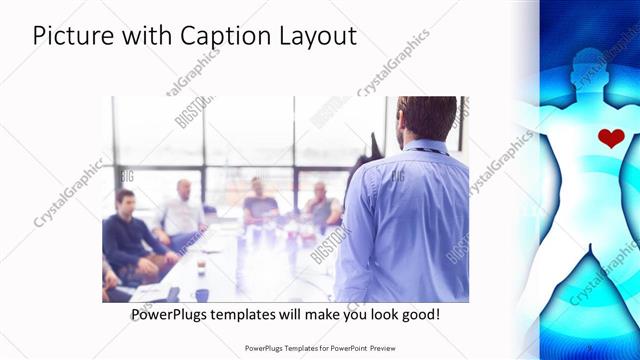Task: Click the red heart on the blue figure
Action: click(611, 138)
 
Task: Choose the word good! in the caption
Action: click(417, 315)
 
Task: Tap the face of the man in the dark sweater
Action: click(123, 201)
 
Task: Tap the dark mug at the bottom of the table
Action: click(202, 294)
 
